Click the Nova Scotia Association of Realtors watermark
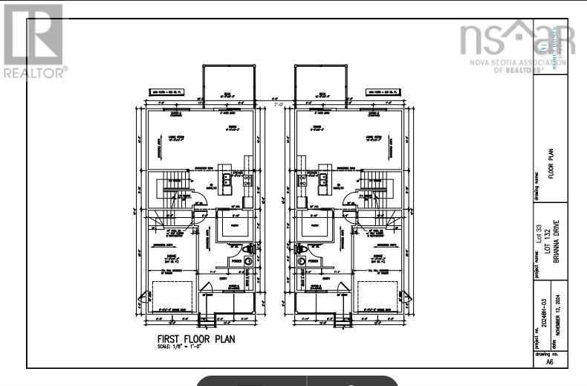pos(516,45)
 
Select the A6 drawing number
pos(550,363)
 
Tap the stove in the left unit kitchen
pos(247,179)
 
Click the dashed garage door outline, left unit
pos(172,296)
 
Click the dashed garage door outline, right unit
pos(377,296)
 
